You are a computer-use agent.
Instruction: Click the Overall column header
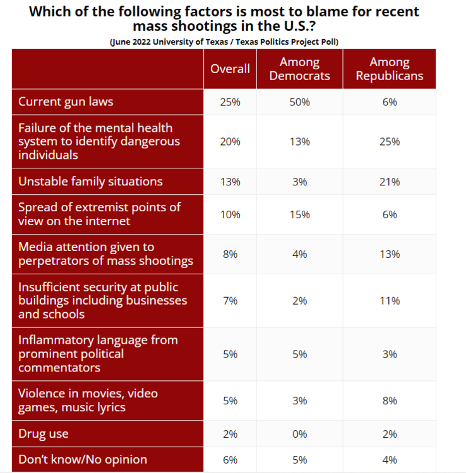click(230, 69)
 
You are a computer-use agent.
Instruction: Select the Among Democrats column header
click(299, 69)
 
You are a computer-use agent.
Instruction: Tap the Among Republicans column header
click(390, 69)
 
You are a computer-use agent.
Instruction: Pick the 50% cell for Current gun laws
click(299, 102)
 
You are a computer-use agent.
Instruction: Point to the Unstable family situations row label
click(90, 182)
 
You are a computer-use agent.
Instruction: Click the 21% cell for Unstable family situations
click(390, 182)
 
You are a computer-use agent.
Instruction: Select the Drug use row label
click(44, 434)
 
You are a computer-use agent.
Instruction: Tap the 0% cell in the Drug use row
click(299, 434)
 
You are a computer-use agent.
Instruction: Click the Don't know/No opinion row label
click(82, 460)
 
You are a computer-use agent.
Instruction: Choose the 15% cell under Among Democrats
click(299, 214)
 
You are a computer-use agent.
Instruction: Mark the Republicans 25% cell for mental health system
click(390, 141)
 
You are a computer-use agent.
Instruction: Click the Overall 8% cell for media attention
click(230, 254)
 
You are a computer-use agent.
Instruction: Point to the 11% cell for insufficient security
click(390, 300)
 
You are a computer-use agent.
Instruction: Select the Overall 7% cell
click(230, 300)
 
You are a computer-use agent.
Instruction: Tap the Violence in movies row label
click(88, 400)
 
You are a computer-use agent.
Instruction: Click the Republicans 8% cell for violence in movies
click(390, 400)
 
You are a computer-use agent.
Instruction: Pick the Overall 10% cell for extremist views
click(230, 214)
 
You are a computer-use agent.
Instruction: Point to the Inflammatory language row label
click(98, 353)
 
